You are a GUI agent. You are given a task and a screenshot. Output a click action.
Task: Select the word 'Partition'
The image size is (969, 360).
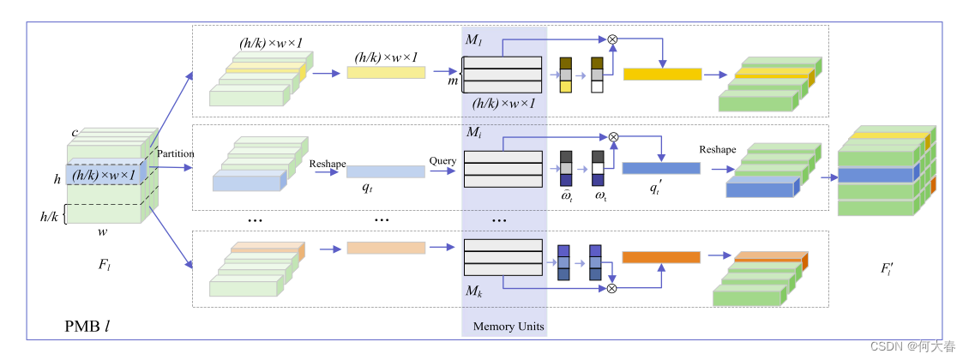click(176, 154)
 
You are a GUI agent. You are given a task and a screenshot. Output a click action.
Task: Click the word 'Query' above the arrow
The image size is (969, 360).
click(442, 160)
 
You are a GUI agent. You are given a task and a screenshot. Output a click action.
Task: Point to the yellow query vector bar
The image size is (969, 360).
click(386, 73)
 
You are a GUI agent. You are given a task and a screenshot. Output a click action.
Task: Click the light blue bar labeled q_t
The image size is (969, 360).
click(386, 171)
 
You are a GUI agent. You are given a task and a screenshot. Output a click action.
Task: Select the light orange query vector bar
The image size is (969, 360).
click(386, 249)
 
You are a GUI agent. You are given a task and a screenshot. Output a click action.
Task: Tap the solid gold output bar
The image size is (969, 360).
click(662, 75)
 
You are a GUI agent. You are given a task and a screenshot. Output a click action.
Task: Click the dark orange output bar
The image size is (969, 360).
click(660, 256)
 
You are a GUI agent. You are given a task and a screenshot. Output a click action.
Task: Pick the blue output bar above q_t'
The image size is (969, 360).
click(661, 168)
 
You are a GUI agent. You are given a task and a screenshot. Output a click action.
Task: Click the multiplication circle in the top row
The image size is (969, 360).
click(612, 39)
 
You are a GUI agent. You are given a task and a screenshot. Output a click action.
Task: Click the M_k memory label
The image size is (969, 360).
click(473, 291)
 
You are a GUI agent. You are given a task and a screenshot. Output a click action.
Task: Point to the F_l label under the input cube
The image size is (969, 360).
click(105, 266)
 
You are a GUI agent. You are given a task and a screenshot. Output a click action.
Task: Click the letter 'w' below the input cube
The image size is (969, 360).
click(103, 231)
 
